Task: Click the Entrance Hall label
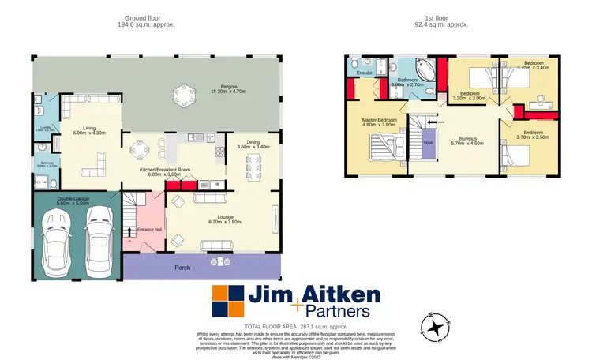coord(149,229)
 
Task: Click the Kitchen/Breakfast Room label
coord(165,171)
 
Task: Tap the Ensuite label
coord(365,72)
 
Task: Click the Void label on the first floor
coord(428,143)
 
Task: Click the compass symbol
coord(436,325)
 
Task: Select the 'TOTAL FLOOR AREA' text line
coord(296,326)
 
